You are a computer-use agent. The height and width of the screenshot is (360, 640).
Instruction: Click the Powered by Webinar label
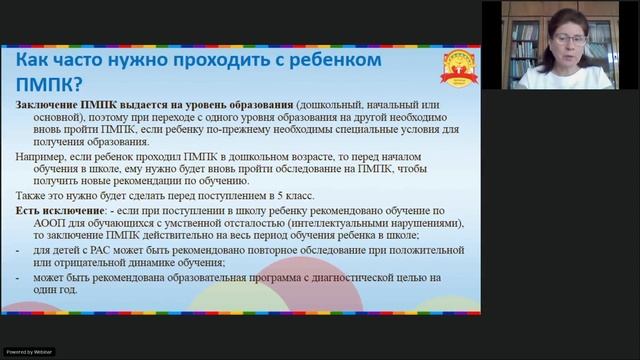pyautogui.click(x=31, y=353)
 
